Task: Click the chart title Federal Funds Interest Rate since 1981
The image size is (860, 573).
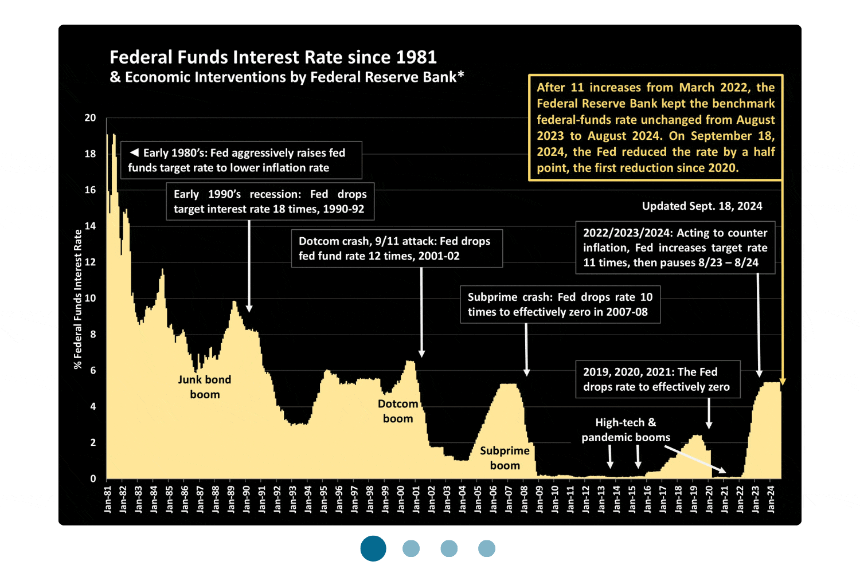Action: click(x=273, y=57)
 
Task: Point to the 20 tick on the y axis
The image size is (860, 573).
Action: click(x=91, y=118)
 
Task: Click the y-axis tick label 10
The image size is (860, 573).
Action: click(x=91, y=299)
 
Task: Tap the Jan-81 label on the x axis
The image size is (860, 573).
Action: click(x=108, y=499)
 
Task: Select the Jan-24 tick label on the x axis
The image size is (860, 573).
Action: click(x=771, y=499)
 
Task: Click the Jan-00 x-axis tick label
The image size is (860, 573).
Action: click(x=401, y=499)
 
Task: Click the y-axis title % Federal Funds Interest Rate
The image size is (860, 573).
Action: click(x=78, y=299)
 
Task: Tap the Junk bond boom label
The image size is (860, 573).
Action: click(x=205, y=387)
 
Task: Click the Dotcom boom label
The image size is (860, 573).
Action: click(x=398, y=411)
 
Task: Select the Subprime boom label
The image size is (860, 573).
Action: click(x=505, y=458)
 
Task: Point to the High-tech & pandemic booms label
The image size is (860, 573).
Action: click(x=626, y=430)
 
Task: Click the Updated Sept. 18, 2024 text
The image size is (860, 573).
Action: click(x=702, y=206)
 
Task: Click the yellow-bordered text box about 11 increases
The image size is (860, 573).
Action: click(x=655, y=127)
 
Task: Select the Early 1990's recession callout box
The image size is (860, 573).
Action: click(x=270, y=201)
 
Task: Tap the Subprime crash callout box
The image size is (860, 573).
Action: click(x=560, y=304)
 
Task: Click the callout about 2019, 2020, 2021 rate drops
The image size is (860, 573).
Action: click(x=657, y=379)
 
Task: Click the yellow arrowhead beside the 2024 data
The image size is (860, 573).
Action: click(x=783, y=382)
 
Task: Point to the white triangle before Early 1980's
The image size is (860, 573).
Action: click(x=134, y=152)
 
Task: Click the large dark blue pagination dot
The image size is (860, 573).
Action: click(x=373, y=548)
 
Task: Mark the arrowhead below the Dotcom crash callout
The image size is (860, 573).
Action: click(x=421, y=354)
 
